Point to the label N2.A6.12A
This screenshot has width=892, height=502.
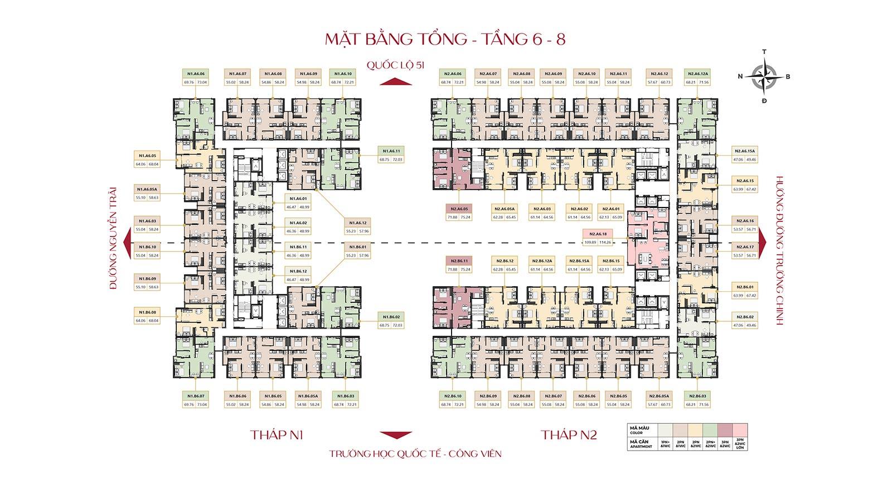(697, 74)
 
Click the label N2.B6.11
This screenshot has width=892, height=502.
(458, 260)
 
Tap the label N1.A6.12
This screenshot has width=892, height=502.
(356, 222)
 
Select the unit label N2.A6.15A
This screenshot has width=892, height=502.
(744, 151)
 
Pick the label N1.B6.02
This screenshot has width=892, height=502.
(390, 316)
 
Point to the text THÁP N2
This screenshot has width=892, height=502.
(569, 435)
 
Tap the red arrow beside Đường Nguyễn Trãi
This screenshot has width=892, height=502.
(127, 243)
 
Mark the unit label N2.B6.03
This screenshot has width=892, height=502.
(697, 396)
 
